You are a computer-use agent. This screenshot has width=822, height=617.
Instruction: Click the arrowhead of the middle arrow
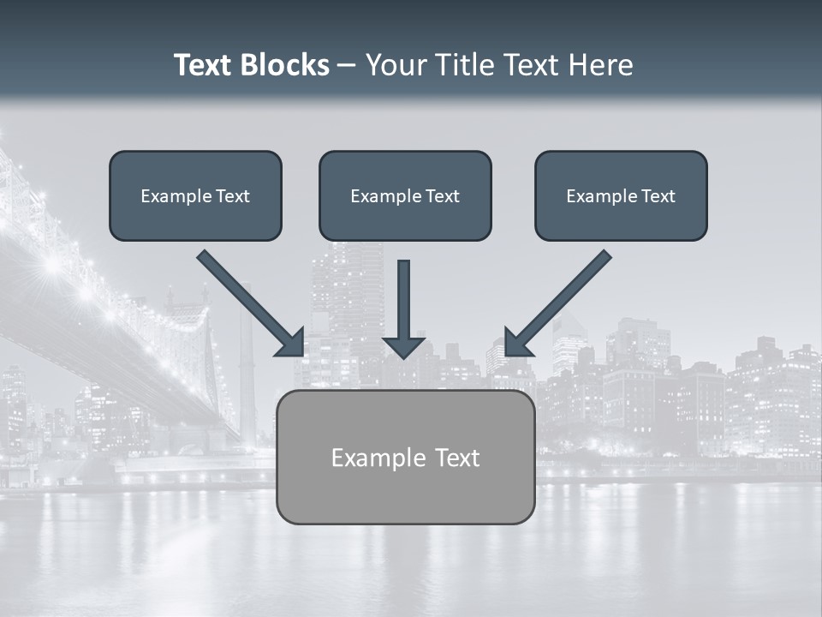404,346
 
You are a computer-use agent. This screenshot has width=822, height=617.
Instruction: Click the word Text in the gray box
456,458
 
